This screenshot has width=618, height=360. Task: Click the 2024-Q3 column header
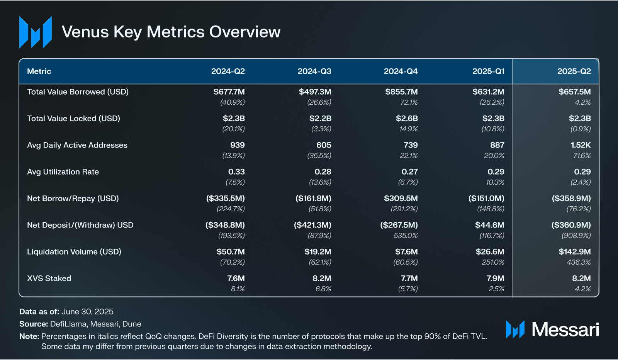point(314,71)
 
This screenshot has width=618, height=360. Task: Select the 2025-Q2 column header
point(574,71)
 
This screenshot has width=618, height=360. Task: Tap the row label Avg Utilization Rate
point(63,172)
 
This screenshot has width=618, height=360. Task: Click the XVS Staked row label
point(49,278)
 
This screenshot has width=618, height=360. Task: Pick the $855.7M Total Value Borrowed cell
point(401,92)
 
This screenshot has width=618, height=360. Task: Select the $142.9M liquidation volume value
point(574,252)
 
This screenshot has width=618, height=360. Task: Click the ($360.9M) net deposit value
point(571,225)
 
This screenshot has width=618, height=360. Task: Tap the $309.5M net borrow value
point(401,199)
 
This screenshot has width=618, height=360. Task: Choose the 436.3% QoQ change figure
point(579,262)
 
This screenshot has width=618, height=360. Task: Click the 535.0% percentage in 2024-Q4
point(406,236)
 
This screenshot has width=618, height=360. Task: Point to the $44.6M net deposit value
point(489,225)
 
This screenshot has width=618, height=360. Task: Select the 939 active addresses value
point(237,145)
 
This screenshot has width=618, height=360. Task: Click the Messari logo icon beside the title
point(36,32)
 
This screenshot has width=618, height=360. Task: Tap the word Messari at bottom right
point(565,329)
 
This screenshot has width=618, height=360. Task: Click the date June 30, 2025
point(87,312)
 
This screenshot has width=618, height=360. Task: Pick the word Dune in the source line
point(132,324)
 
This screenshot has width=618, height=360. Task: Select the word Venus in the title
point(85,32)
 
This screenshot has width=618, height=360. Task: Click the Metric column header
point(39,71)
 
